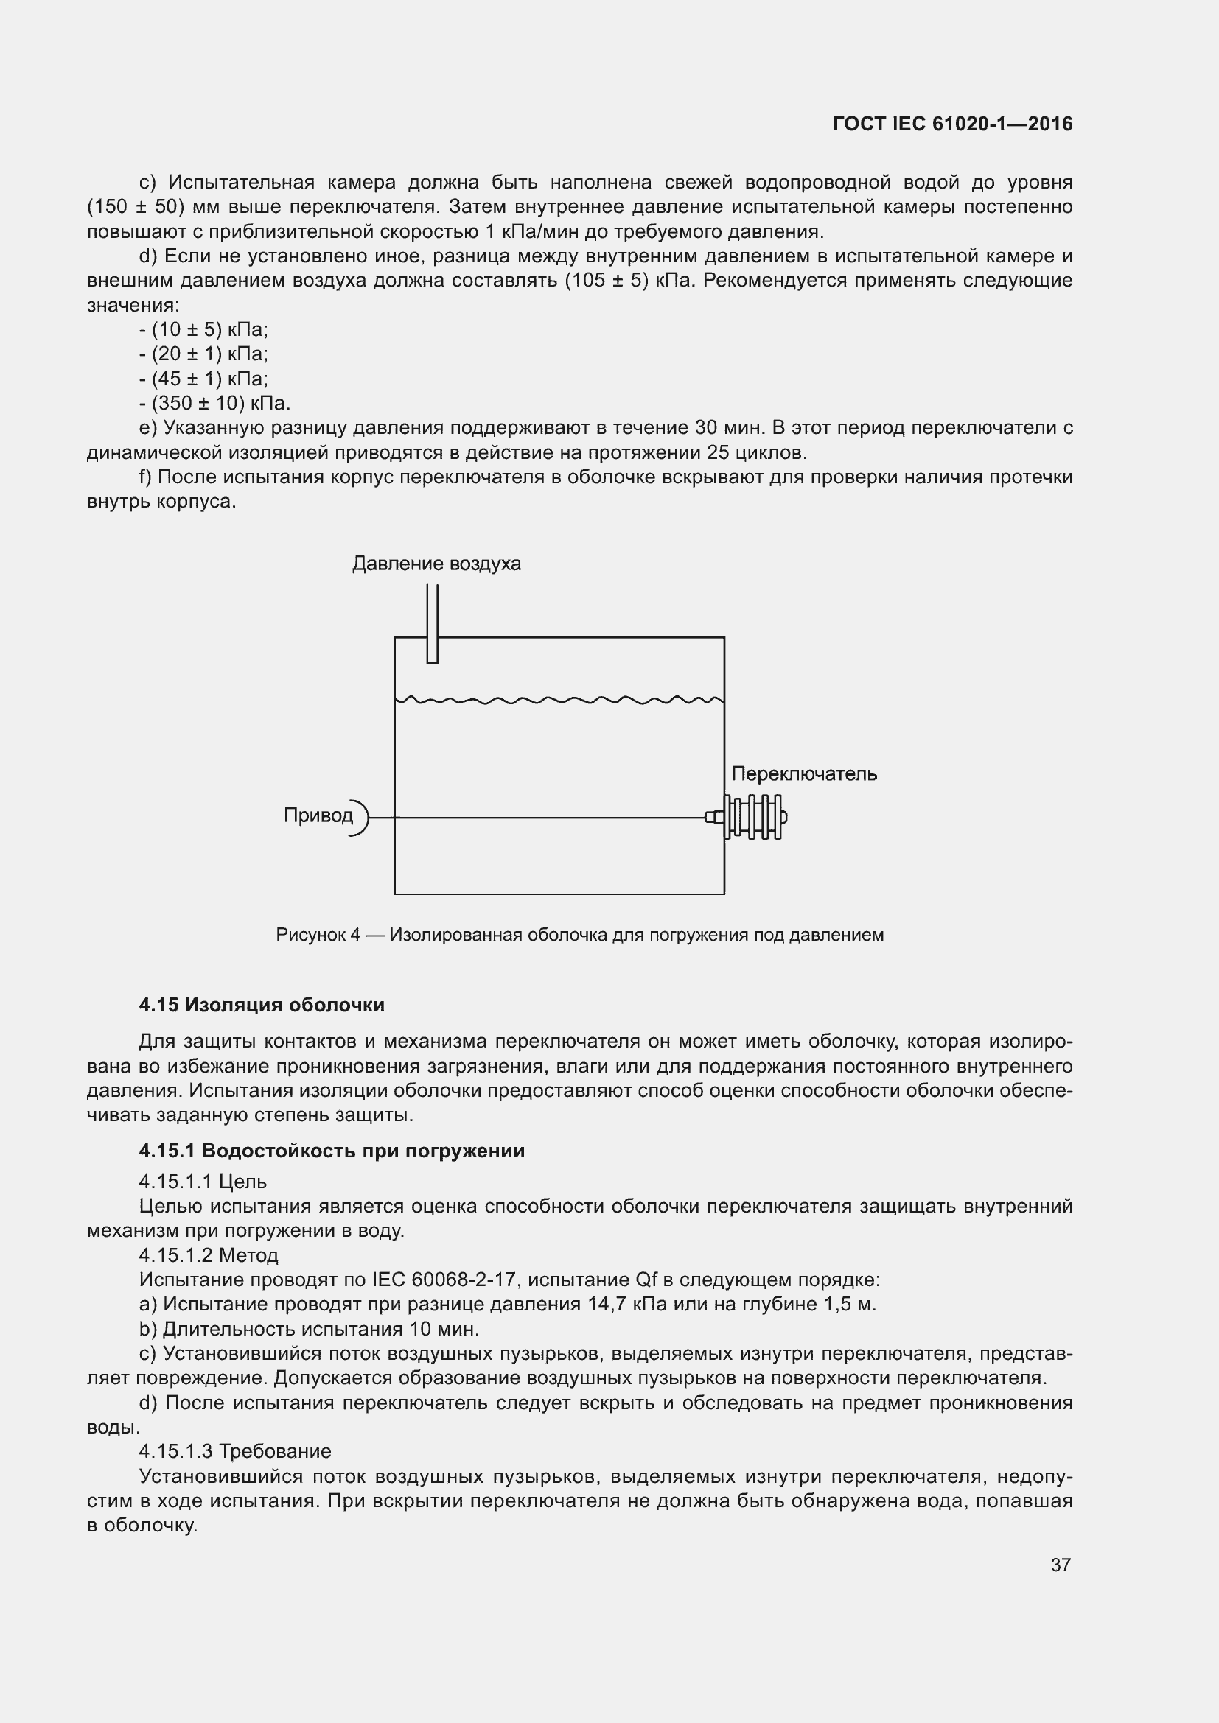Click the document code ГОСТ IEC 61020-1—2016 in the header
click(x=951, y=124)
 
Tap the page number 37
click(x=1060, y=1565)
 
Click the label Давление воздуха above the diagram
click(x=436, y=564)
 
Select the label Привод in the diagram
click(x=318, y=815)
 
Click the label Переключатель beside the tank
click(x=804, y=773)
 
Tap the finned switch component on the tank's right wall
click(x=755, y=816)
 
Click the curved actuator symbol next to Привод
click(x=362, y=817)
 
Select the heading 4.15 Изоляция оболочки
click(x=261, y=1005)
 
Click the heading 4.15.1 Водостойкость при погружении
click(x=332, y=1151)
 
